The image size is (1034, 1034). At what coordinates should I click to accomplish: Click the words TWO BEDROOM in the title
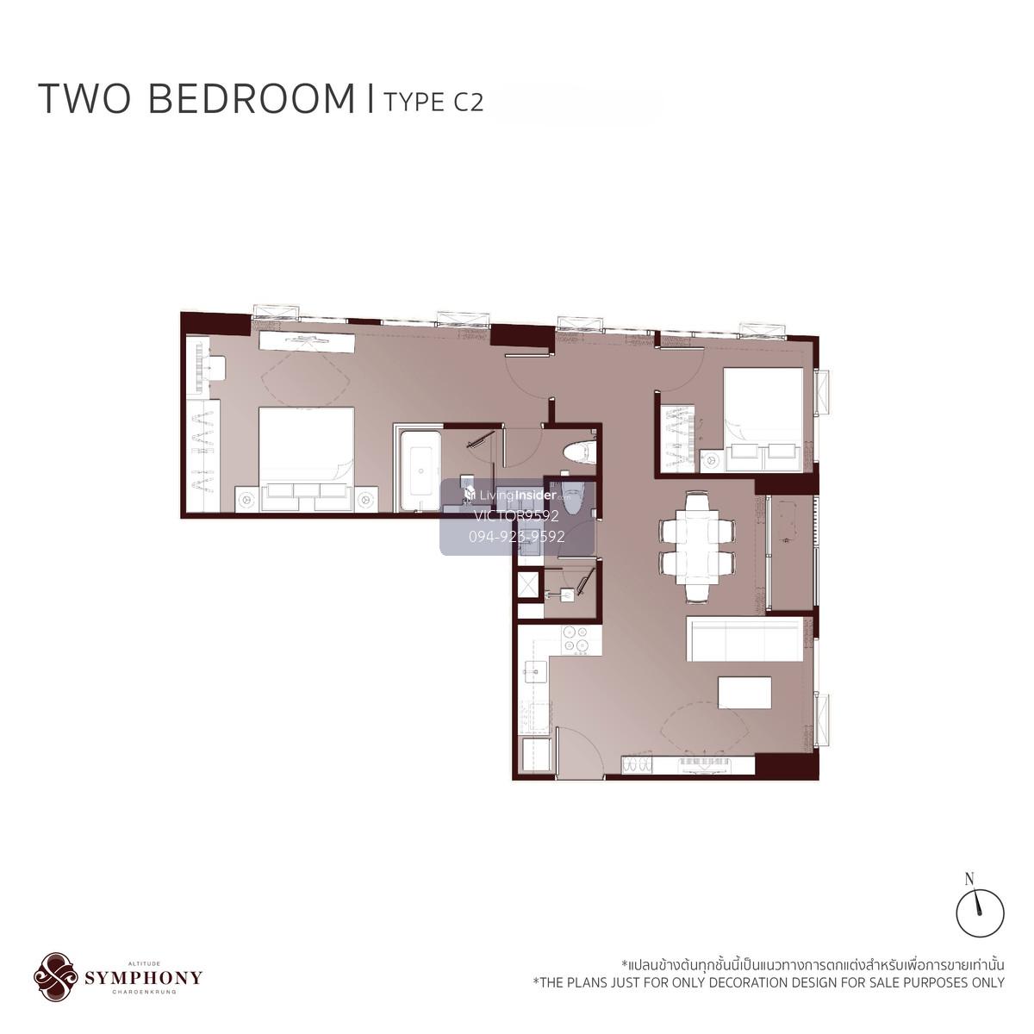tap(196, 99)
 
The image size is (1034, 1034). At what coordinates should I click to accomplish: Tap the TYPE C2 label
tap(433, 102)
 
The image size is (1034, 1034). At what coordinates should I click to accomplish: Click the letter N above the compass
tap(969, 878)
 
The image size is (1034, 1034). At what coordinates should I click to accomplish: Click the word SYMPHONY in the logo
tap(143, 978)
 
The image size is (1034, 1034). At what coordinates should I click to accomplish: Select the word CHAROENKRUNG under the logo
tap(143, 992)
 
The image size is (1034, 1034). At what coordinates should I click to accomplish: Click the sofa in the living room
tap(744, 639)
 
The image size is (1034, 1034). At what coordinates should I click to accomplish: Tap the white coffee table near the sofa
tap(744, 693)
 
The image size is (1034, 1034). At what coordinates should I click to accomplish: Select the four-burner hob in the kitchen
tap(575, 639)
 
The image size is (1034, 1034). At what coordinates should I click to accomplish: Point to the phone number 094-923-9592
tap(517, 536)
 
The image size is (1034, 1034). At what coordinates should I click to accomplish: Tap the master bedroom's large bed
tap(307, 459)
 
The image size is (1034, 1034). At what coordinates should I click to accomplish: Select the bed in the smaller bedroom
tap(763, 420)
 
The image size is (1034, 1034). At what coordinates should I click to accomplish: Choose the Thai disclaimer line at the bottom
tap(813, 964)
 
